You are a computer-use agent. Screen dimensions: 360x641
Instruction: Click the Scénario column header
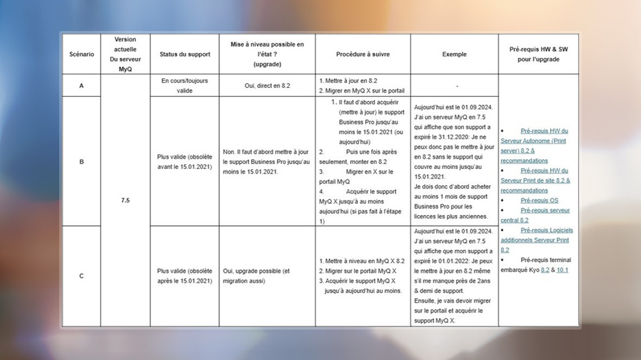click(81, 54)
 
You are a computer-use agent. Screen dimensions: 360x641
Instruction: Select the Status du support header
click(185, 54)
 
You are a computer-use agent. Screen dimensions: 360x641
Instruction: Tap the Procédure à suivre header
click(363, 54)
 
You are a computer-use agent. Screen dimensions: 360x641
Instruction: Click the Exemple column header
click(454, 54)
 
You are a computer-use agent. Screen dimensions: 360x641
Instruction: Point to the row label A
click(81, 86)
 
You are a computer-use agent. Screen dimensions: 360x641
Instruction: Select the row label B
click(81, 161)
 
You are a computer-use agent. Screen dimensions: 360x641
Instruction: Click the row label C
click(81, 276)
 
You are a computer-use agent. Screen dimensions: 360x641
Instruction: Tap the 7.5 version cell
click(125, 200)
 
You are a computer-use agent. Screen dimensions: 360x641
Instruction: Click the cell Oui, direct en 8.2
click(267, 86)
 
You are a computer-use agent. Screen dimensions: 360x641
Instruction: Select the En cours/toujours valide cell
click(185, 86)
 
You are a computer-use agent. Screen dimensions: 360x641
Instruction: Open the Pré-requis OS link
click(539, 200)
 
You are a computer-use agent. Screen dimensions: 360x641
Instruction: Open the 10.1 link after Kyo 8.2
click(562, 270)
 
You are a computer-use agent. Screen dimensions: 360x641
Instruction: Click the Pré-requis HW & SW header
click(539, 54)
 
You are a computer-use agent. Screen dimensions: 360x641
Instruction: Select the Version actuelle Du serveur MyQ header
click(125, 54)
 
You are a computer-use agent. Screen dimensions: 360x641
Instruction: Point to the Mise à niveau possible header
click(267, 54)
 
